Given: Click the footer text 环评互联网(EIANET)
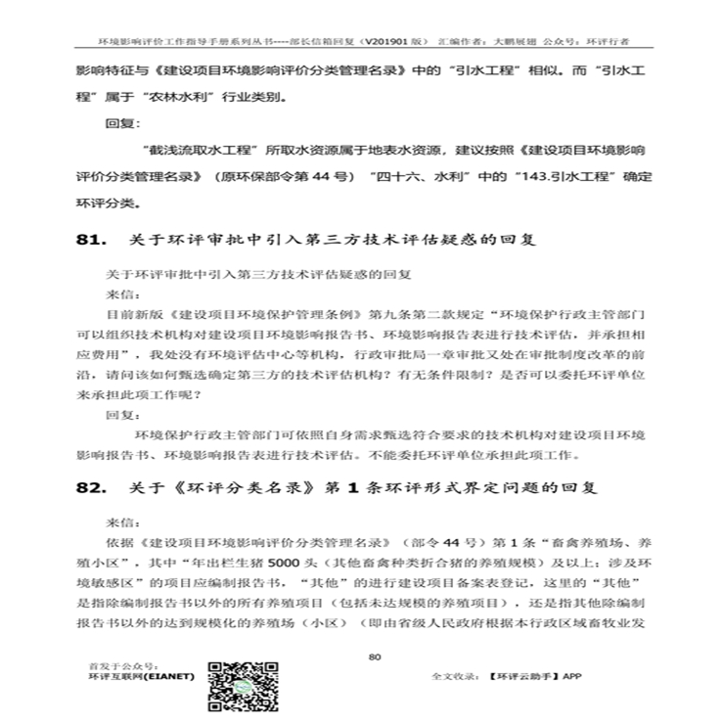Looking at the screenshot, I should pyautogui.click(x=141, y=675).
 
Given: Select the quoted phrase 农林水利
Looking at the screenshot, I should pyautogui.click(x=185, y=98).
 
